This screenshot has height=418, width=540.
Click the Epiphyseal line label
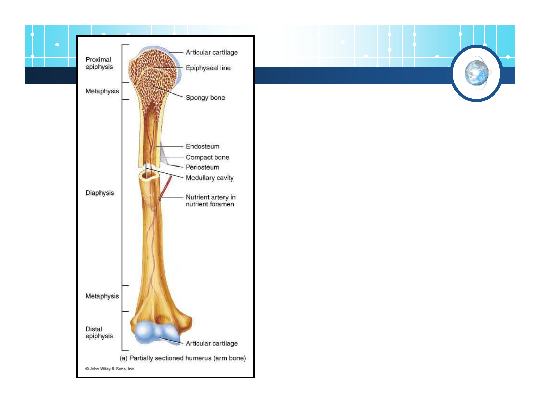(208, 68)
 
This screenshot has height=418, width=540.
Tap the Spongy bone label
(205, 98)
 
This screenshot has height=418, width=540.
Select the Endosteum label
(202, 146)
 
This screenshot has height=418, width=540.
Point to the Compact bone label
(207, 157)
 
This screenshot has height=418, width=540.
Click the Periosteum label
(202, 167)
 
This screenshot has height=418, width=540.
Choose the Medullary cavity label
(210, 178)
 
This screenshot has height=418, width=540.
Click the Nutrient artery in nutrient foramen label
(211, 201)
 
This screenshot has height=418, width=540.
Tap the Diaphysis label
(99, 193)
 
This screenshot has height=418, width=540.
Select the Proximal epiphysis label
(99, 63)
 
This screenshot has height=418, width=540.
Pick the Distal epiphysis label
(99, 332)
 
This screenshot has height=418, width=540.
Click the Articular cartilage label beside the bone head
(212, 53)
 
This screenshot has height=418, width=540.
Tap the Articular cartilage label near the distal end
(212, 343)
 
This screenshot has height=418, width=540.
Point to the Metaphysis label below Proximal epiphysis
(102, 91)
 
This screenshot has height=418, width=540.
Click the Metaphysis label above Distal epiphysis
(102, 296)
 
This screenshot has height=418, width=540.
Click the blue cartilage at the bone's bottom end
(157, 332)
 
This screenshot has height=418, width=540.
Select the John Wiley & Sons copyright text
(110, 369)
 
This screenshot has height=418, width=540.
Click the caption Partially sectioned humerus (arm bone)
(183, 358)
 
